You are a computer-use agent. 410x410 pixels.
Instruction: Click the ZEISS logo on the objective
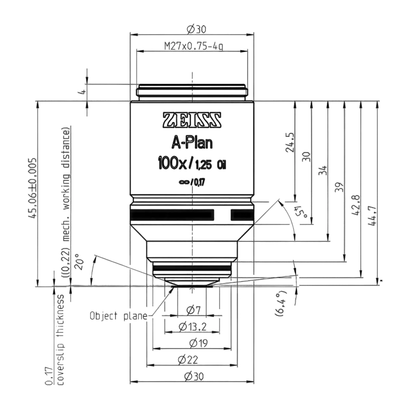click(x=192, y=120)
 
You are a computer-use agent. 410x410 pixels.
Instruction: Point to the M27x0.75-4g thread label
click(x=194, y=46)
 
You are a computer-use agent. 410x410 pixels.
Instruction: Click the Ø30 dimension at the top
click(x=196, y=29)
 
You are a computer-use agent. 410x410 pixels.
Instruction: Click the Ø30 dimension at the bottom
click(x=194, y=377)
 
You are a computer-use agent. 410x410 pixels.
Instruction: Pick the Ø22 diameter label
click(x=188, y=360)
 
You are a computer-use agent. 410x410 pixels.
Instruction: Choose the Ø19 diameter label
click(x=198, y=343)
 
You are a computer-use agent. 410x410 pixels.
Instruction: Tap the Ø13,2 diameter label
click(x=193, y=327)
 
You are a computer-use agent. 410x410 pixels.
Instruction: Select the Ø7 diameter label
click(x=193, y=310)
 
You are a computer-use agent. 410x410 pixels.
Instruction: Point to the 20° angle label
click(x=79, y=262)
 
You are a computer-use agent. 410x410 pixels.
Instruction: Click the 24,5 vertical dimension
click(x=290, y=142)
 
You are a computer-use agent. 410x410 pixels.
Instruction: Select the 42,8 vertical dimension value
click(x=356, y=205)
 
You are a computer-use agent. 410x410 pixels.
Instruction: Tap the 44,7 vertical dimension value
click(x=372, y=216)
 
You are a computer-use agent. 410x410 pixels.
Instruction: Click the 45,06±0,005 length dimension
click(x=32, y=188)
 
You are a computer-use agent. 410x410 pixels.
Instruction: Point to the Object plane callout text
click(x=119, y=316)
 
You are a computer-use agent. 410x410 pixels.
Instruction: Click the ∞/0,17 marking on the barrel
click(x=192, y=182)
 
